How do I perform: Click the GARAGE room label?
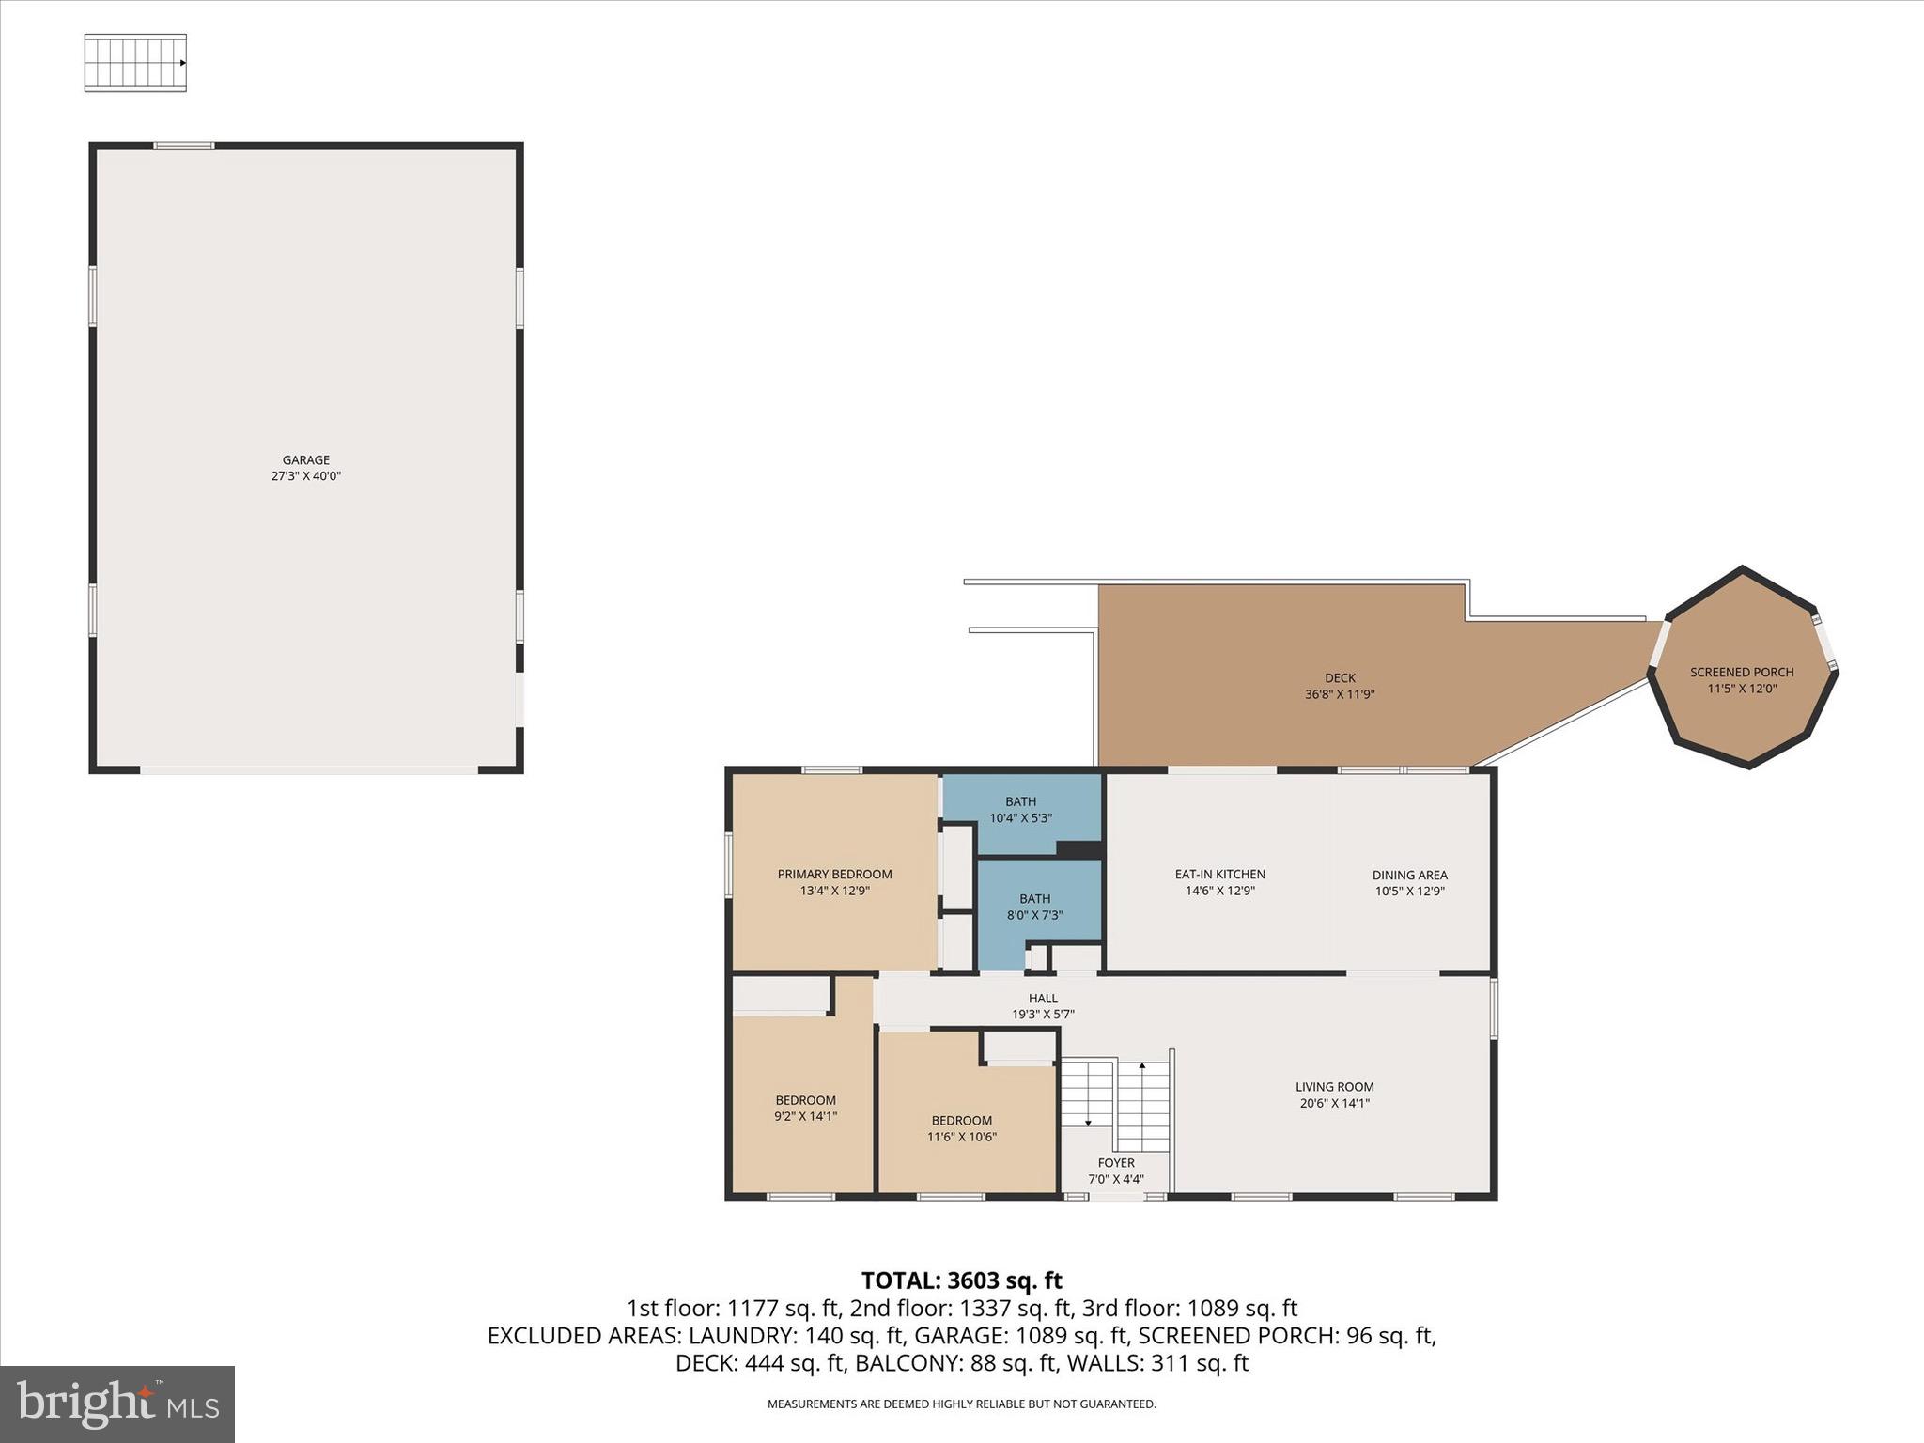tap(305, 459)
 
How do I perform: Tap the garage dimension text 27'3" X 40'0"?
tap(305, 476)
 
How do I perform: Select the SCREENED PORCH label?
tap(1741, 672)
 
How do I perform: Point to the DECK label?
tap(1340, 677)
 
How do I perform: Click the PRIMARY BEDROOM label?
tap(834, 874)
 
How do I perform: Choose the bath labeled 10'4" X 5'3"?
tap(1020, 809)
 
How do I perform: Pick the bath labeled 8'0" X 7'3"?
tap(1034, 907)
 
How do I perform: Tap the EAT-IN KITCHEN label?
tap(1219, 874)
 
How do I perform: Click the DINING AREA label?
tap(1409, 875)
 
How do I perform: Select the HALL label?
tap(1042, 998)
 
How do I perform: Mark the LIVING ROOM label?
tap(1334, 1087)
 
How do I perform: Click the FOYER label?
tap(1116, 1162)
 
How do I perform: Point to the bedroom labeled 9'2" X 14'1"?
tap(805, 1108)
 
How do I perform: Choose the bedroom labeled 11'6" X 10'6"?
tap(961, 1127)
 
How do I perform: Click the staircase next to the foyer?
tap(1115, 1103)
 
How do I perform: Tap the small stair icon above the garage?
tap(135, 63)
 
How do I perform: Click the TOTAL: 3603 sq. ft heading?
tap(961, 1280)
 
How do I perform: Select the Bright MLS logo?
tap(117, 1404)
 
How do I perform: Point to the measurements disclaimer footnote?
tap(961, 1404)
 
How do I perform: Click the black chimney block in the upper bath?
tap(1078, 848)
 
